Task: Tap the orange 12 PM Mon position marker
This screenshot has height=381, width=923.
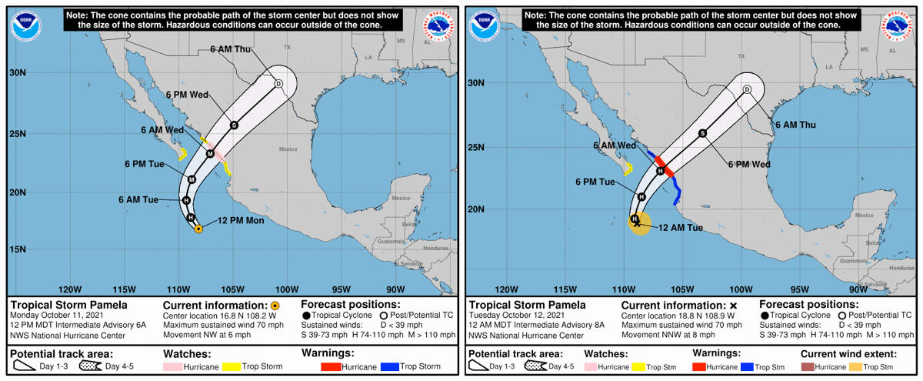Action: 198,229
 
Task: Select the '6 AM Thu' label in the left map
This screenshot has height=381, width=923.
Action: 230,49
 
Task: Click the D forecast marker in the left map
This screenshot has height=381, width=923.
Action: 278,84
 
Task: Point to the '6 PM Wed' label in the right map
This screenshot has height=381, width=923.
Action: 749,164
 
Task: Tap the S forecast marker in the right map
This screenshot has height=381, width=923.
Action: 702,133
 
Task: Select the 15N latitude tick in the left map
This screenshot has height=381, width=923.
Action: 17,249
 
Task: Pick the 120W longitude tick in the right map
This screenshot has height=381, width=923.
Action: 506,289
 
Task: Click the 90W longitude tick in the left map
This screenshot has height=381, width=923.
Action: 395,289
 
